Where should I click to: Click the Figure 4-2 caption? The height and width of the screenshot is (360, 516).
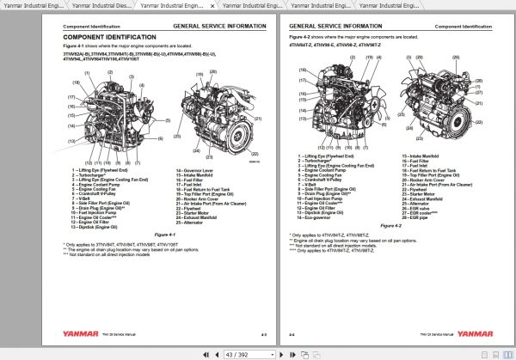391,226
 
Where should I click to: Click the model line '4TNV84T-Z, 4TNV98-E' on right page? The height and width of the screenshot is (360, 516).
327,44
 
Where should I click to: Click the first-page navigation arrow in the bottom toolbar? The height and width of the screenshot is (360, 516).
205,353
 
